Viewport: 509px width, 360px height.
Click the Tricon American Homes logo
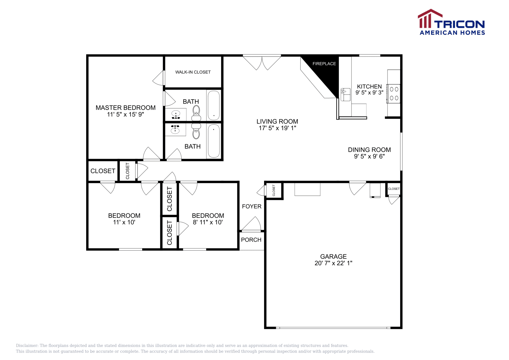(x=451, y=22)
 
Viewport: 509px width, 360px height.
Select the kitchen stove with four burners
(x=394, y=94)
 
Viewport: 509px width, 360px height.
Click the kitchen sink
(x=345, y=95)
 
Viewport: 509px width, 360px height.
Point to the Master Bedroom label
(x=125, y=108)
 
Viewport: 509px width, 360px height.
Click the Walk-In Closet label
(x=193, y=72)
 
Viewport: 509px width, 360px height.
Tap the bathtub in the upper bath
(x=213, y=105)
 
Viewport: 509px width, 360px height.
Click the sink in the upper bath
(x=176, y=114)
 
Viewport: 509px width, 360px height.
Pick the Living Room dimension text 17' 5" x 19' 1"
(x=277, y=128)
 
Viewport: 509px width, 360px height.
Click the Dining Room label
(x=369, y=150)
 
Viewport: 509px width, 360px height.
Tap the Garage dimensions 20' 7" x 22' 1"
(x=333, y=263)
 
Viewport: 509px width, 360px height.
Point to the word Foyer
(x=251, y=206)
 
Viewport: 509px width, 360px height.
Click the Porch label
(x=251, y=240)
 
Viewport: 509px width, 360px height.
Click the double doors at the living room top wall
(x=262, y=62)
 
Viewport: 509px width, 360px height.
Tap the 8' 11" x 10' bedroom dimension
(x=208, y=222)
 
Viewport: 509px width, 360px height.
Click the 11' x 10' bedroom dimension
(x=124, y=222)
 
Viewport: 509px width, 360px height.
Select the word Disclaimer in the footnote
(x=27, y=345)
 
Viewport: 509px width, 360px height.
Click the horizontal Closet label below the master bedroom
(x=103, y=171)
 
